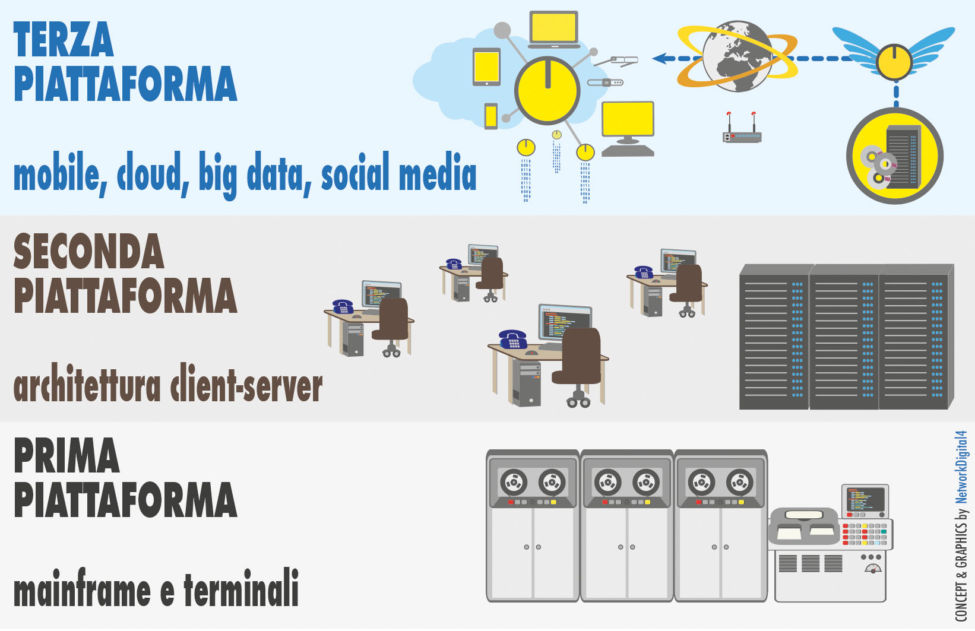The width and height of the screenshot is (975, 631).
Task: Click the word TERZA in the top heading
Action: pyautogui.click(x=63, y=40)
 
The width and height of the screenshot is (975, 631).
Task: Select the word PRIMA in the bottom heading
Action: pyautogui.click(x=67, y=456)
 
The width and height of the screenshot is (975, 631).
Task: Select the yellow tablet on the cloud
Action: pyautogui.click(x=486, y=66)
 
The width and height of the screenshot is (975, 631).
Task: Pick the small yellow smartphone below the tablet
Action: pyautogui.click(x=491, y=116)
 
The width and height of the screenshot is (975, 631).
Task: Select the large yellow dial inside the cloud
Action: pyautogui.click(x=547, y=91)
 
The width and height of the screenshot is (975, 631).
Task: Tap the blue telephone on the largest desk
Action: pyautogui.click(x=513, y=339)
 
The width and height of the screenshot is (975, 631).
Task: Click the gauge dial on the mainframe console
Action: pyautogui.click(x=872, y=569)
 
